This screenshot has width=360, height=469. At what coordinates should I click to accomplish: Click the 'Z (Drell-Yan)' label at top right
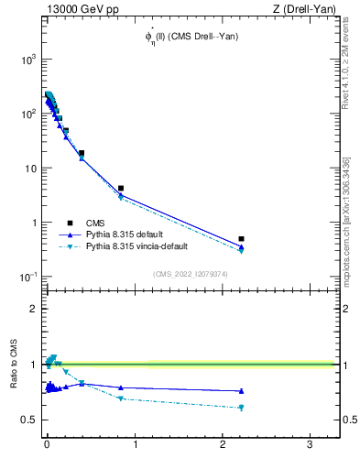[306, 9]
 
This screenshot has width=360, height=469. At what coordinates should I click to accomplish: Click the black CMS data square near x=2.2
[241, 238]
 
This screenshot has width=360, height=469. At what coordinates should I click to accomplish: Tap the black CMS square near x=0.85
[121, 188]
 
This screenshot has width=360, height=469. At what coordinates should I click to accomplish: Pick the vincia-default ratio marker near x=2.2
[241, 408]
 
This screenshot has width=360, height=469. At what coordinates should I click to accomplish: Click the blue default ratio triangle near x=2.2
[241, 391]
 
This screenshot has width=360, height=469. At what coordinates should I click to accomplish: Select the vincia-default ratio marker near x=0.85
[121, 398]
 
